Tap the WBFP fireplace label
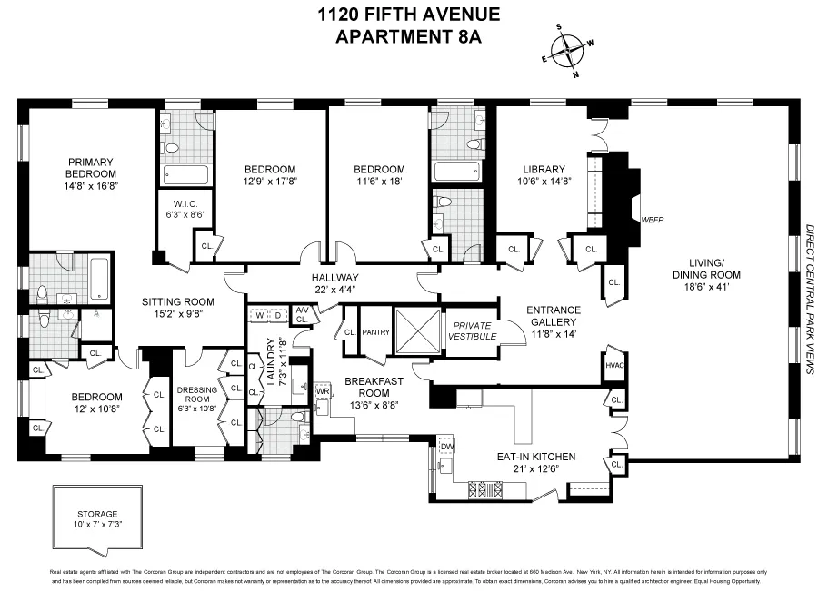pyautogui.click(x=653, y=219)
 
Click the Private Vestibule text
pyautogui.click(x=473, y=330)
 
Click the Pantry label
pyautogui.click(x=375, y=332)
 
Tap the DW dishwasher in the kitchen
pyautogui.click(x=446, y=447)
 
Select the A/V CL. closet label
pyautogui.click(x=302, y=314)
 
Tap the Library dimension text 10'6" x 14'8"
pyautogui.click(x=545, y=181)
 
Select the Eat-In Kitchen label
pyautogui.click(x=534, y=457)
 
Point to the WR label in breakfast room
pyautogui.click(x=323, y=390)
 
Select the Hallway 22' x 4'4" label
pyautogui.click(x=335, y=283)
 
